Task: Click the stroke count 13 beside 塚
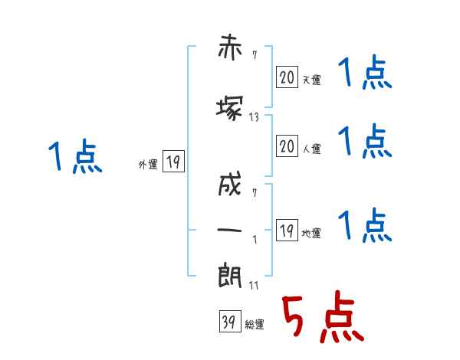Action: pyautogui.click(x=255, y=117)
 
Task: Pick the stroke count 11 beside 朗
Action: pyautogui.click(x=253, y=286)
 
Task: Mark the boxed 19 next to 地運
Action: pyautogui.click(x=287, y=230)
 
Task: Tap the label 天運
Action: pyautogui.click(x=311, y=78)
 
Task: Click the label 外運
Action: pyautogui.click(x=147, y=164)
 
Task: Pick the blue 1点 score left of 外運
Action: pyautogui.click(x=74, y=157)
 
